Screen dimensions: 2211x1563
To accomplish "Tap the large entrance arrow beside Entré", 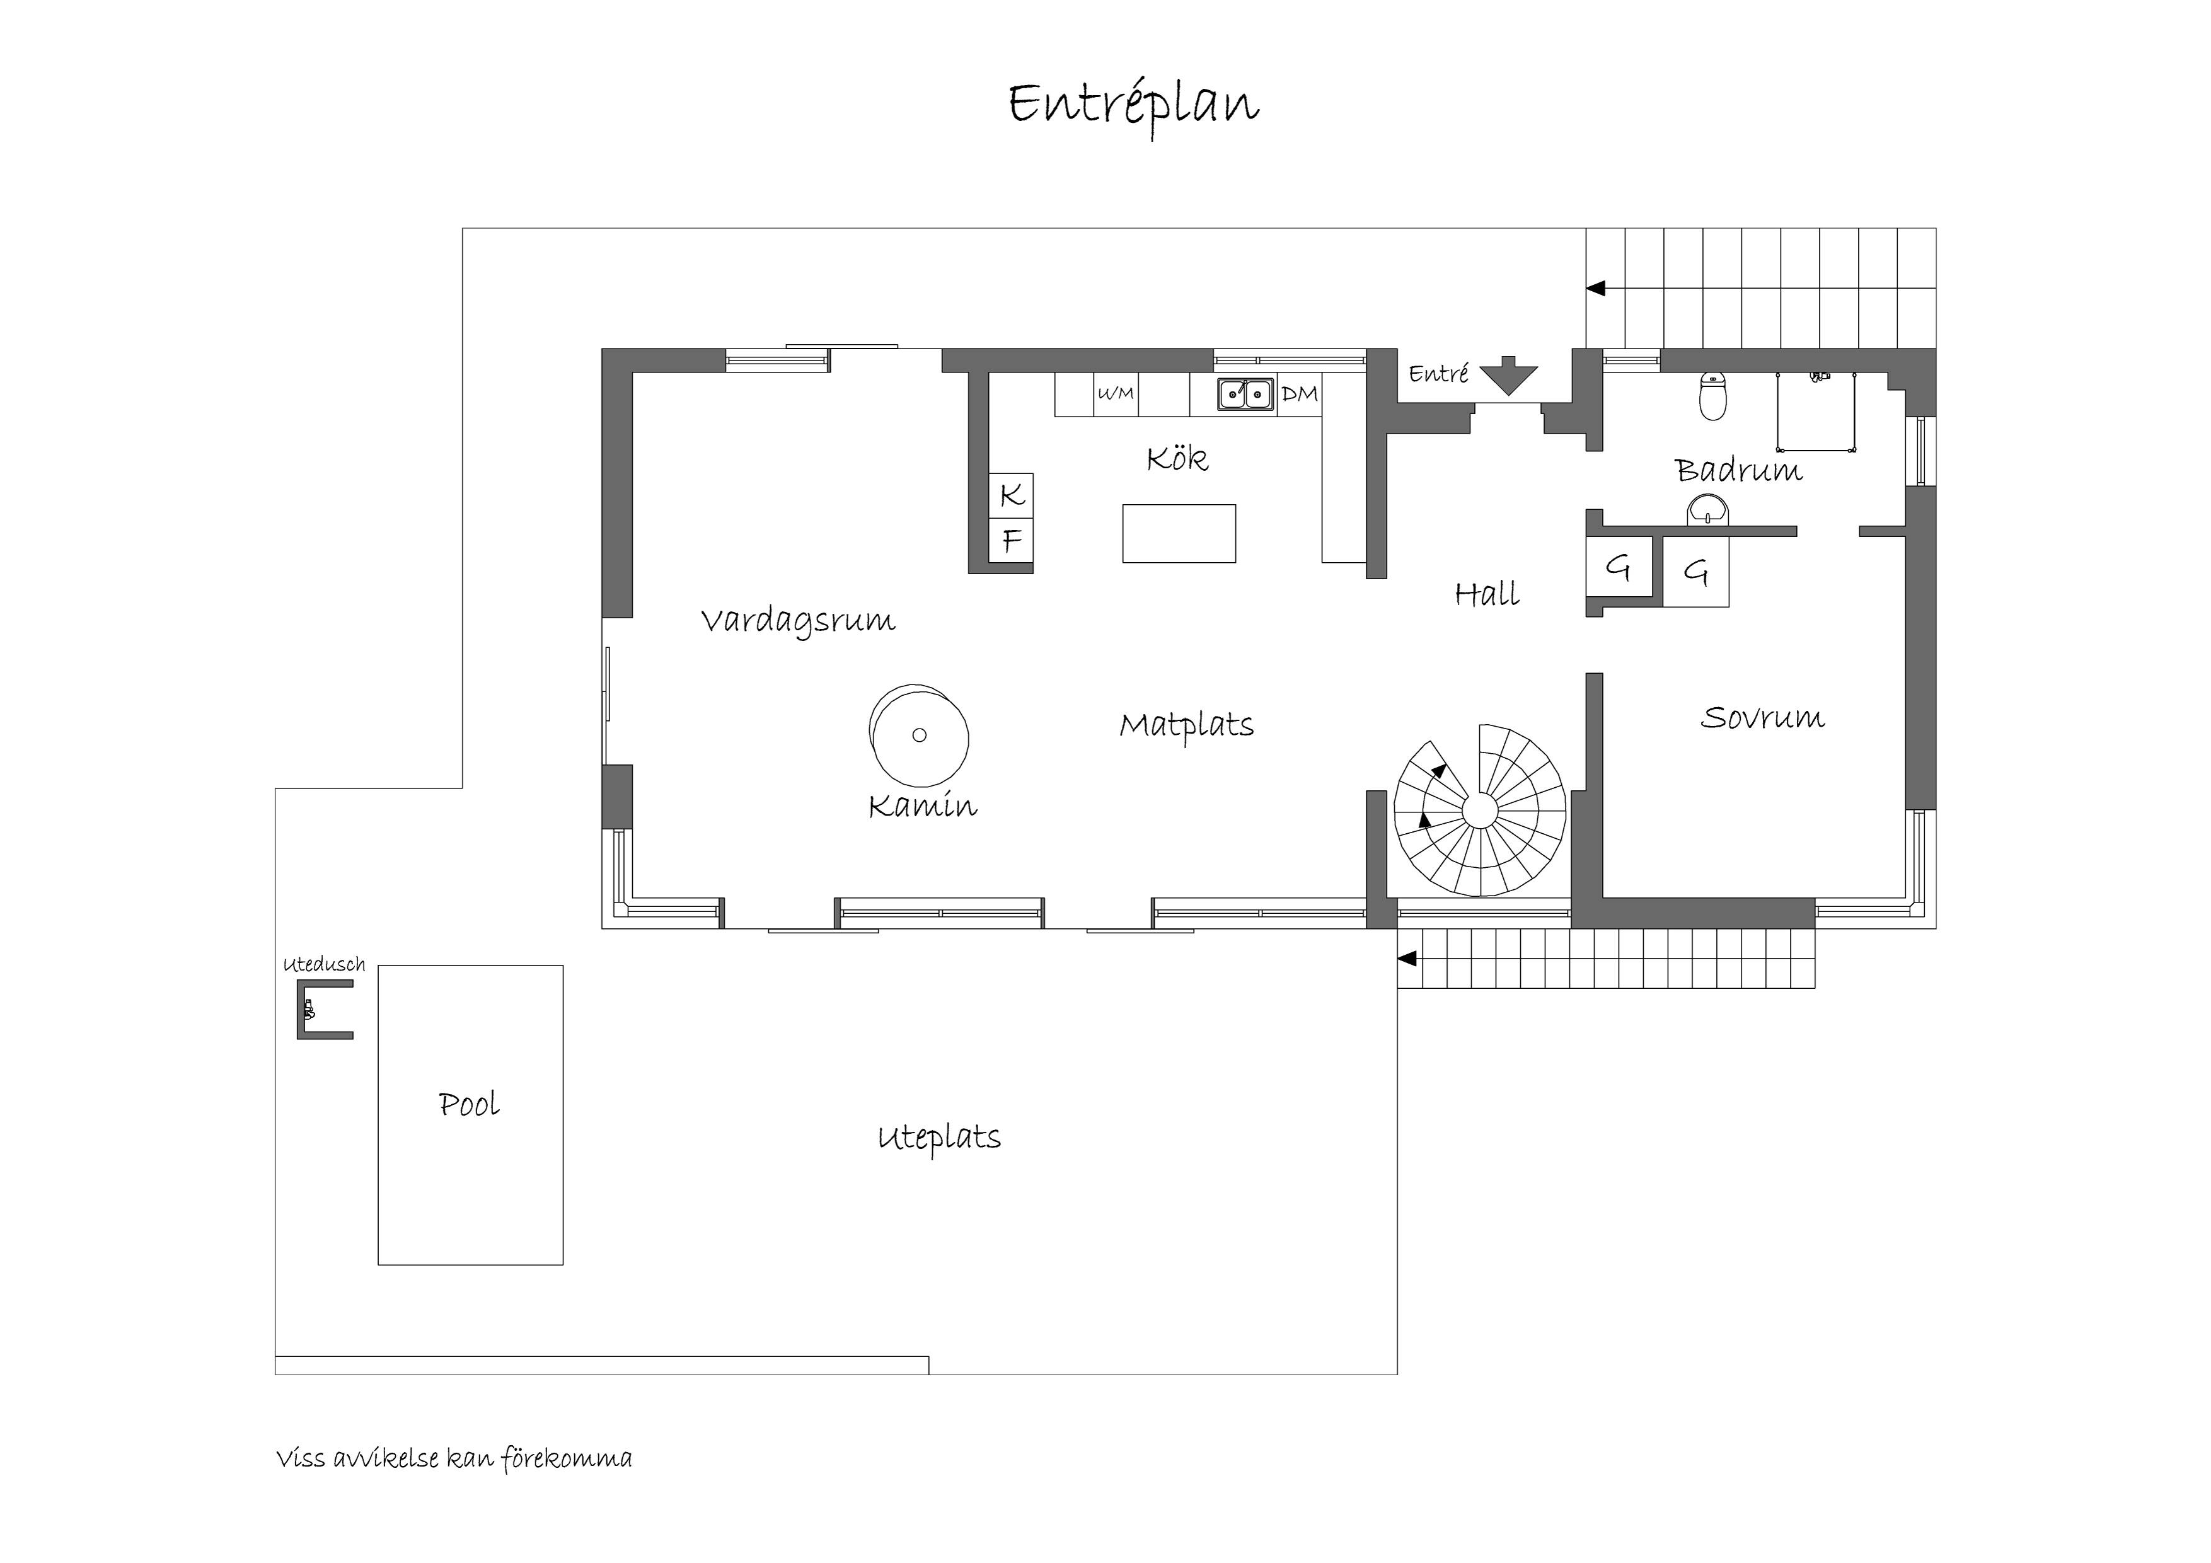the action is click(x=1509, y=376).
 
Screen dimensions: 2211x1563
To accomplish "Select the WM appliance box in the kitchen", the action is click(x=1115, y=394).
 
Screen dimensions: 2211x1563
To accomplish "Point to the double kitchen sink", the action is click(x=1245, y=394).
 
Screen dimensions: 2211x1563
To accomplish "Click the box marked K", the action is click(x=1011, y=495).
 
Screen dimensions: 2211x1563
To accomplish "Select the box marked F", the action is click(x=1011, y=540).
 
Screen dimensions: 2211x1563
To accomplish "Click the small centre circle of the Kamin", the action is click(x=919, y=735).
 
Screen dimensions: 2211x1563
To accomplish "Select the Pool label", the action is click(x=469, y=1105).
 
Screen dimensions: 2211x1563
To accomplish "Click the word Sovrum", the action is click(x=1762, y=717).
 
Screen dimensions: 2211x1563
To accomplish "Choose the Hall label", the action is click(x=1487, y=594).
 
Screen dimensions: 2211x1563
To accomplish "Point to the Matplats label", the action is click(x=1186, y=726).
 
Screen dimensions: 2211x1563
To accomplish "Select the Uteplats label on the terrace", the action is click(x=939, y=1138).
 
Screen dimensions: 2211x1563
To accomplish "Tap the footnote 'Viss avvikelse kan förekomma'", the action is click(x=454, y=1459).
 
